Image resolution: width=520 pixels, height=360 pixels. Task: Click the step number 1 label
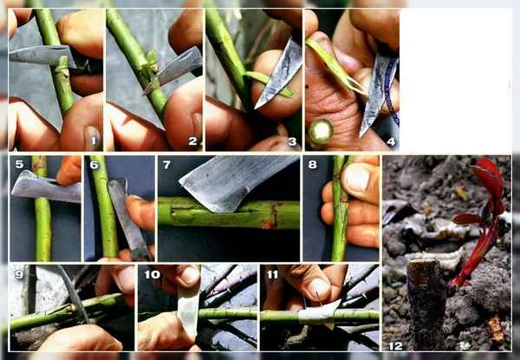(94, 141)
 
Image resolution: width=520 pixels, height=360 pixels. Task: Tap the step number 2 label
(192, 141)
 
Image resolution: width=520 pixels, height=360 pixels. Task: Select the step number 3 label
(292, 141)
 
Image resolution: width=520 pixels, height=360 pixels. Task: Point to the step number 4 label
(391, 141)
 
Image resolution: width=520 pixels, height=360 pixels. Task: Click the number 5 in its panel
(19, 164)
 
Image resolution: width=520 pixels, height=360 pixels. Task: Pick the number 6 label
(94, 165)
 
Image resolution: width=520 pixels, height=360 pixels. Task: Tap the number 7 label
(166, 165)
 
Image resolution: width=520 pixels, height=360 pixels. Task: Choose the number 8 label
(312, 165)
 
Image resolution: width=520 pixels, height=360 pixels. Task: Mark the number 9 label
(19, 274)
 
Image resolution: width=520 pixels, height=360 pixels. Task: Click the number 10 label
(153, 274)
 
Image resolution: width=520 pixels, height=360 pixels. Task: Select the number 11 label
(272, 274)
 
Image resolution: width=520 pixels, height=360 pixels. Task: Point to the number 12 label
(396, 346)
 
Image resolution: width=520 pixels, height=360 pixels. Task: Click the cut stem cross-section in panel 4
(321, 131)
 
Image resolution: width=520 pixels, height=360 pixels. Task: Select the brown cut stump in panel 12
(426, 304)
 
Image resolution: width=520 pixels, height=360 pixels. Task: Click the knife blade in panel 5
(45, 187)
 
